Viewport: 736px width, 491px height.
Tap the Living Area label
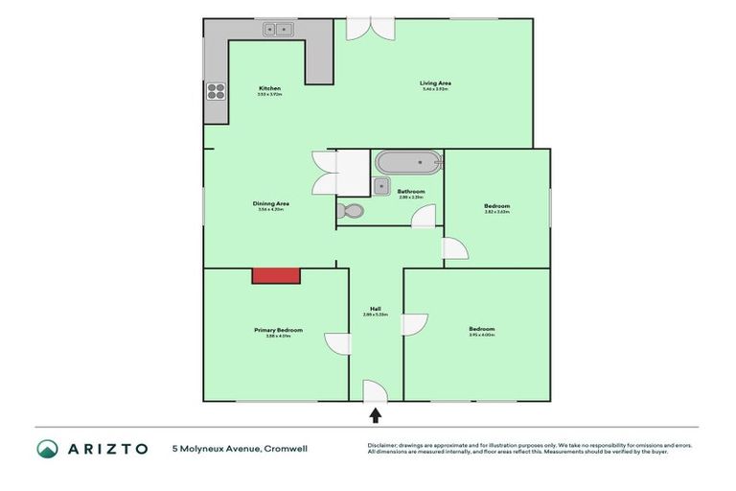tap(435, 83)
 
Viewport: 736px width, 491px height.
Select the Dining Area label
tap(270, 203)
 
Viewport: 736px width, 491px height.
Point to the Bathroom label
tap(411, 191)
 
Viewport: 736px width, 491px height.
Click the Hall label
tap(375, 309)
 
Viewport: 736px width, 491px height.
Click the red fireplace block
tap(277, 275)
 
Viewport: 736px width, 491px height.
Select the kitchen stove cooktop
tap(216, 93)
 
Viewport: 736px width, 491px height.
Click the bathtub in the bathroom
tap(408, 161)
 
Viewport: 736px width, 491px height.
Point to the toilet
tap(349, 210)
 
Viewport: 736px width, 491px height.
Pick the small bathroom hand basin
tap(380, 186)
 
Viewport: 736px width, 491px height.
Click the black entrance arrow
tap(376, 415)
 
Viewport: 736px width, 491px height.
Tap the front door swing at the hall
tap(375, 391)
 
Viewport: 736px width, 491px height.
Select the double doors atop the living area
tap(369, 28)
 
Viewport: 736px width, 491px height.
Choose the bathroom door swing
tap(424, 217)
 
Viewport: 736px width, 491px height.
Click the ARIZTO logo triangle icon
tap(47, 448)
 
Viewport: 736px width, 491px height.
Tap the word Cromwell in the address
tap(286, 448)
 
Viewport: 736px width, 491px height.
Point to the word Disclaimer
tap(385, 445)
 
